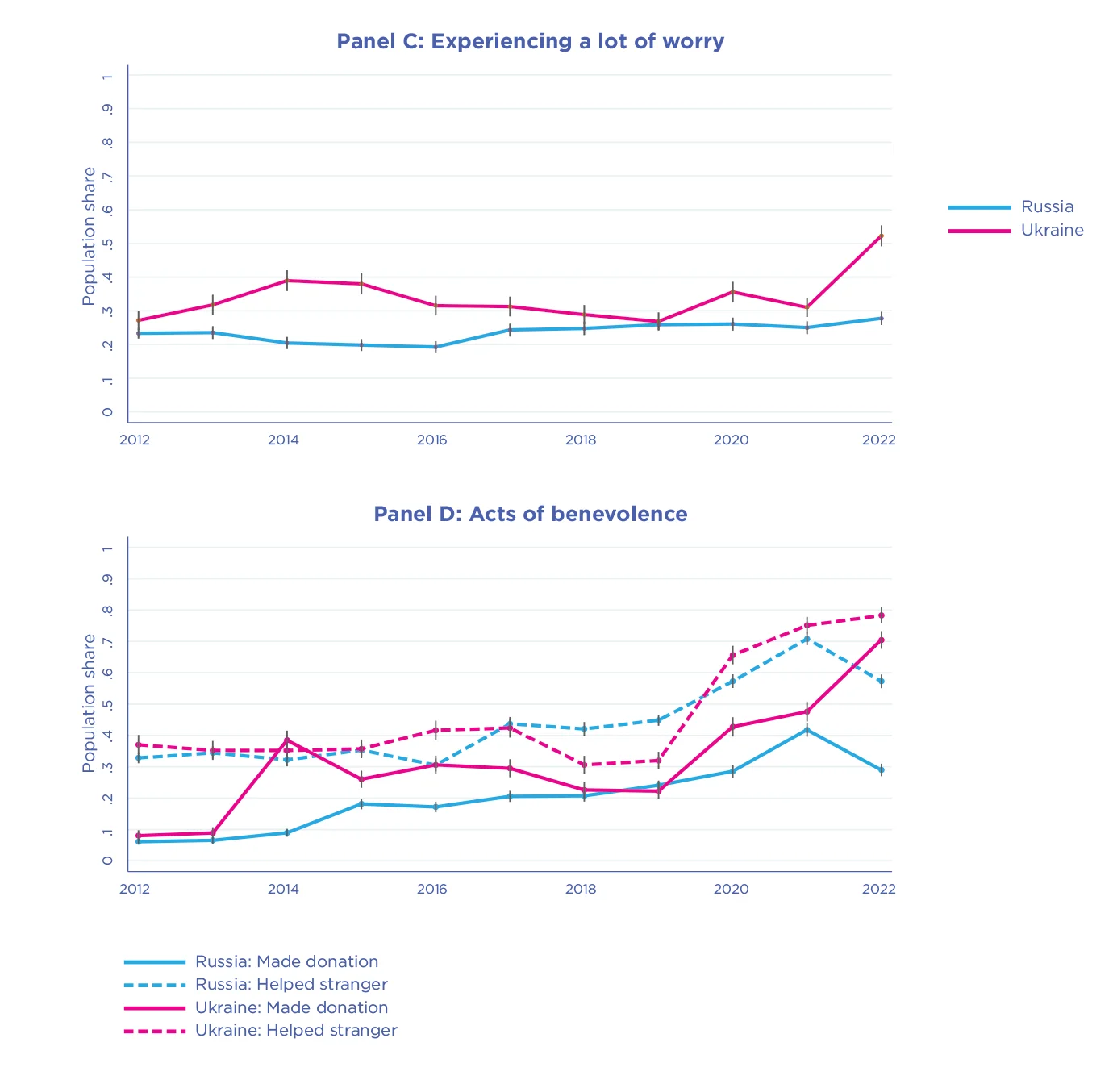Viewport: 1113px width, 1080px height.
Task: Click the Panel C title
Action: [x=530, y=41]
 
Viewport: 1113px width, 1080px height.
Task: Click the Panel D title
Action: [x=530, y=514]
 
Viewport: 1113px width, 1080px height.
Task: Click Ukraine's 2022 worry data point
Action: [x=882, y=236]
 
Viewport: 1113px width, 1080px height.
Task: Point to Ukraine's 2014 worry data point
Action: [x=287, y=281]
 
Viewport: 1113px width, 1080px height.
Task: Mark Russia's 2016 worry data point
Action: [x=436, y=347]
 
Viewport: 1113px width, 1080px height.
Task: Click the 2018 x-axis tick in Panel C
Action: [x=581, y=440]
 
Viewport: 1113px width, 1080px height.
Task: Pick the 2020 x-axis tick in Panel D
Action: [x=731, y=889]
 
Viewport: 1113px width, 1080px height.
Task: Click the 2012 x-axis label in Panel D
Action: [x=135, y=889]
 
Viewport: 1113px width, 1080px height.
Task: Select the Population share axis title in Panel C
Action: [x=89, y=236]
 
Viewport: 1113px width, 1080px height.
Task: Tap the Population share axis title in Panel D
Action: [x=89, y=703]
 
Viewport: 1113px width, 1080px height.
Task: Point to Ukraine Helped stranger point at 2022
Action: [x=882, y=615]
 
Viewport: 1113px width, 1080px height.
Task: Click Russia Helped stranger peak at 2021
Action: [x=807, y=639]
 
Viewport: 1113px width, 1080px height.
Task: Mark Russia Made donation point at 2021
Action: [x=807, y=730]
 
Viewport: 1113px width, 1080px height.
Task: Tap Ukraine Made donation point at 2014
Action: [x=287, y=740]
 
